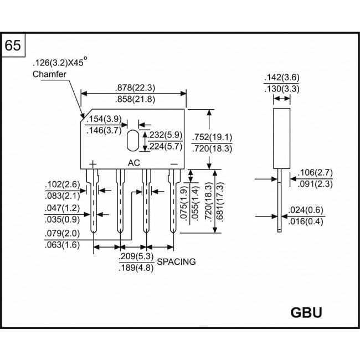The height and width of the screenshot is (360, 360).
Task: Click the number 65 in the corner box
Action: (14, 45)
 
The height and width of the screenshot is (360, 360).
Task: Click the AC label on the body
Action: (134, 163)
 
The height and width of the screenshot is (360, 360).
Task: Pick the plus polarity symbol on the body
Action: (92, 164)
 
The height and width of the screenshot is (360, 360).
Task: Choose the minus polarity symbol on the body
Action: (173, 163)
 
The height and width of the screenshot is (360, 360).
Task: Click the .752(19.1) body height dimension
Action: (211, 137)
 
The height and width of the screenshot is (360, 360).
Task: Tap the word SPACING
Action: (176, 262)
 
